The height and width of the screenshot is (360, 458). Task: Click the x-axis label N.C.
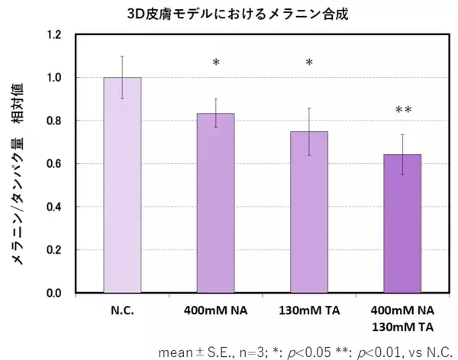(122, 310)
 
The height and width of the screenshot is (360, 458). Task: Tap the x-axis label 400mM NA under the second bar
(216, 310)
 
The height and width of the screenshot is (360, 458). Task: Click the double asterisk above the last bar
(402, 111)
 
